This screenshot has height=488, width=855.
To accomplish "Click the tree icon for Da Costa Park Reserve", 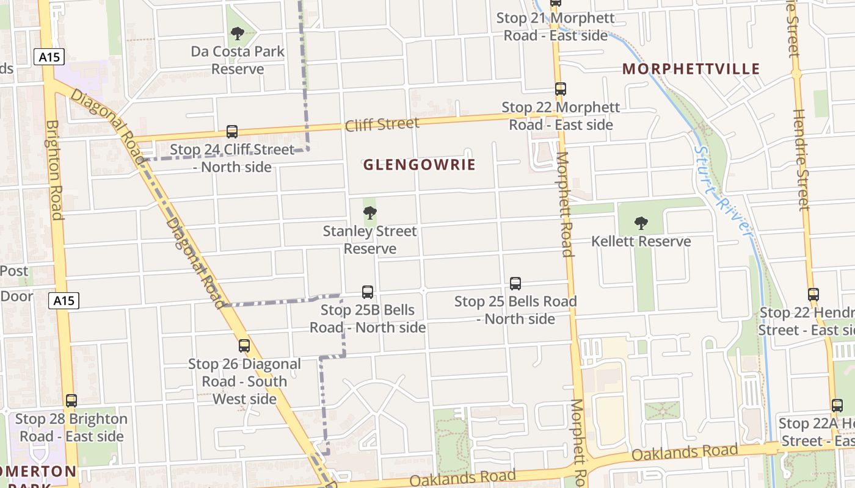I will coord(238,34).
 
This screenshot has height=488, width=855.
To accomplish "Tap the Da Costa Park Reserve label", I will coord(238,60).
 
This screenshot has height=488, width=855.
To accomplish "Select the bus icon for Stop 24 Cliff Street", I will coord(232,131).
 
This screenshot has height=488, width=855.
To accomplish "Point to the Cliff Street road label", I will coord(382,125).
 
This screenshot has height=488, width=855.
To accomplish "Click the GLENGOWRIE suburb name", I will coord(419,165).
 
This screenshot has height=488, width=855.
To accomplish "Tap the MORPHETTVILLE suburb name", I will coord(691,69).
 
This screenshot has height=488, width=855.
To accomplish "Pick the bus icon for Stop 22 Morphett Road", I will coord(561,89).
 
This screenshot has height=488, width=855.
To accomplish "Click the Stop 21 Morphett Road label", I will coord(555,27).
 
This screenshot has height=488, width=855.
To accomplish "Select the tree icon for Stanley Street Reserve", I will coord(369,213).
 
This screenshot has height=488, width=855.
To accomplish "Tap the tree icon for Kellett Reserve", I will coord(641,223).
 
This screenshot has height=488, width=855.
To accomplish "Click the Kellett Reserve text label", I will coord(641,242).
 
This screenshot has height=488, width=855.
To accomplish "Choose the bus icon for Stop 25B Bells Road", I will coord(368,292).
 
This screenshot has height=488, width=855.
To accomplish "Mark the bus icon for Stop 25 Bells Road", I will coord(515,284).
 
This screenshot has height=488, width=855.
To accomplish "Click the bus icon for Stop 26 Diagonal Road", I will coord(244,346).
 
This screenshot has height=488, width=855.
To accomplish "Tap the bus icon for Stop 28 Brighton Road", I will coord(71,401).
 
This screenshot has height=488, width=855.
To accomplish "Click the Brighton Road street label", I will coord(54,170).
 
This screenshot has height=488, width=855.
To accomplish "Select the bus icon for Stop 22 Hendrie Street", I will coord(813,295).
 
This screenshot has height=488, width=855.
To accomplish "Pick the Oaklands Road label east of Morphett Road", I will coord(684,453).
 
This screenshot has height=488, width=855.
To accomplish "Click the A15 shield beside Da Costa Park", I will coord(49,57).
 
